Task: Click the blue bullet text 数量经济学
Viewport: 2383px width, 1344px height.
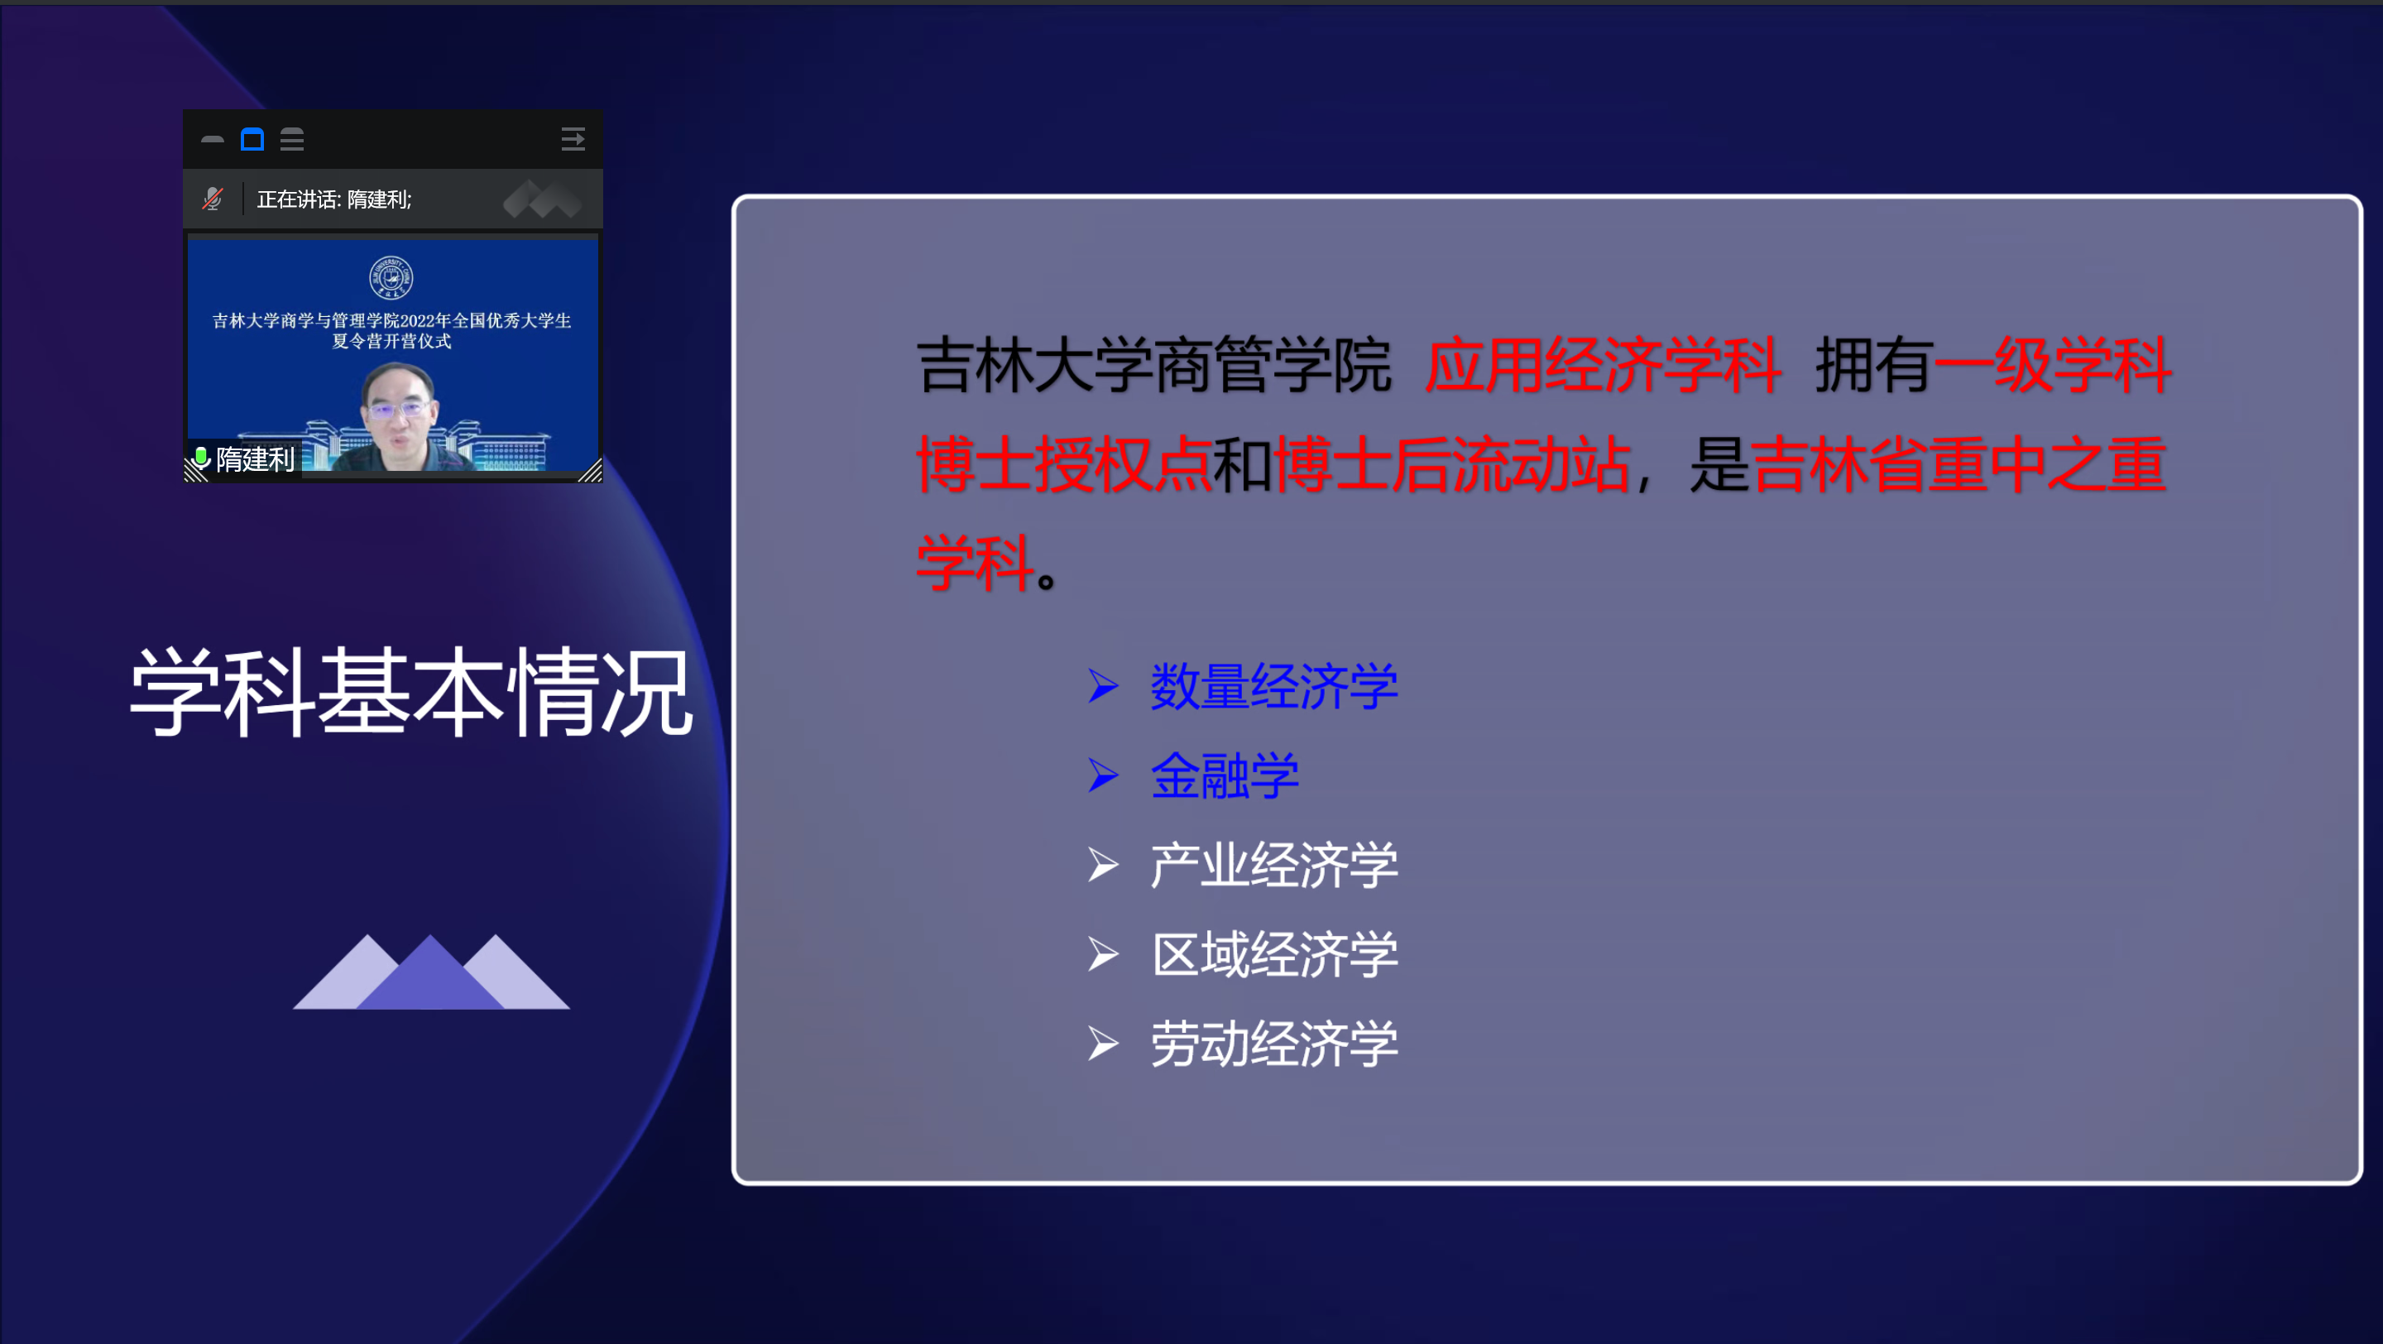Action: click(x=1274, y=686)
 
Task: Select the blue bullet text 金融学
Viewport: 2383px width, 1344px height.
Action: click(x=1225, y=775)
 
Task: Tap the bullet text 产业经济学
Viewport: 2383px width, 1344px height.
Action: click(x=1274, y=865)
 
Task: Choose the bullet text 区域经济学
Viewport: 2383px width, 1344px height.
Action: click(x=1274, y=953)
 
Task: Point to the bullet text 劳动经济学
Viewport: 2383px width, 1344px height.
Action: click(x=1274, y=1044)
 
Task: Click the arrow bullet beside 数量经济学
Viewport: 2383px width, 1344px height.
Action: click(x=1103, y=686)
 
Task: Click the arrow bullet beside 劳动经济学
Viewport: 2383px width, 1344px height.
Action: click(x=1103, y=1044)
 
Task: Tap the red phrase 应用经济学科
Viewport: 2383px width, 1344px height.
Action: click(x=1602, y=365)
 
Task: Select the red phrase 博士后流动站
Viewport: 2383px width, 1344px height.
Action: click(x=1452, y=463)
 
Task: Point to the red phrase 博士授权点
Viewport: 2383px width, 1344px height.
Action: click(x=1064, y=463)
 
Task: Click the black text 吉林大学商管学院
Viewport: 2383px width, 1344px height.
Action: click(x=1153, y=365)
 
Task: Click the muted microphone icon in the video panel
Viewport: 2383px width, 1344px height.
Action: click(x=213, y=199)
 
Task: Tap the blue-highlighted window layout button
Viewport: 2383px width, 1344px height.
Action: click(x=252, y=140)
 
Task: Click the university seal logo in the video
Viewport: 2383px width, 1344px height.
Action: click(x=391, y=277)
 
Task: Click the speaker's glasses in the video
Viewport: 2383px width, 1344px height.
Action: click(x=399, y=407)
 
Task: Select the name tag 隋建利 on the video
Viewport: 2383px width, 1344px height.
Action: click(x=254, y=459)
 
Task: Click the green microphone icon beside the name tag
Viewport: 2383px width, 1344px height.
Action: click(x=201, y=457)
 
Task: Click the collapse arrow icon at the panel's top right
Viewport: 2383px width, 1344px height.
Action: click(x=573, y=140)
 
